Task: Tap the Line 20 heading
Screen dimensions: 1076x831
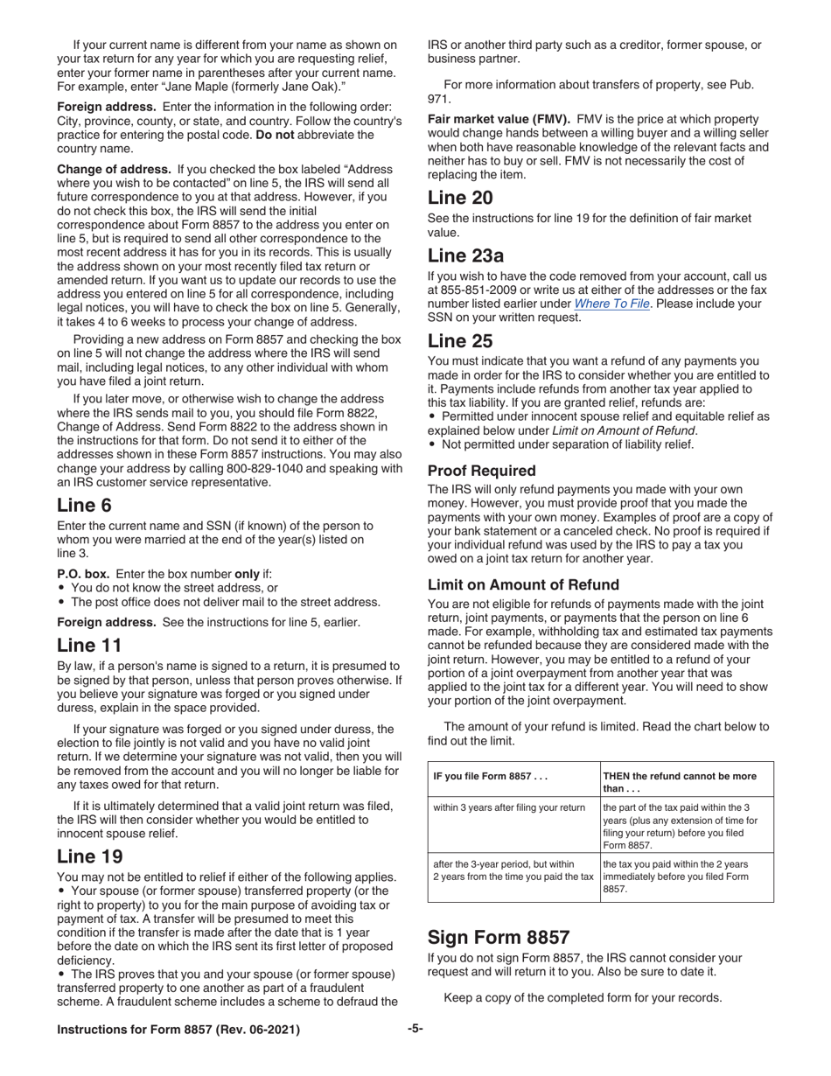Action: pyautogui.click(x=459, y=197)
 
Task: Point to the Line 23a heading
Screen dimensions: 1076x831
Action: pyautogui.click(x=464, y=255)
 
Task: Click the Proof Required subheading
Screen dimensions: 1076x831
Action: pyautogui.click(x=481, y=471)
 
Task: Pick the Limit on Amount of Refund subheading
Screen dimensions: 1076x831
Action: pyautogui.click(x=523, y=584)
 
